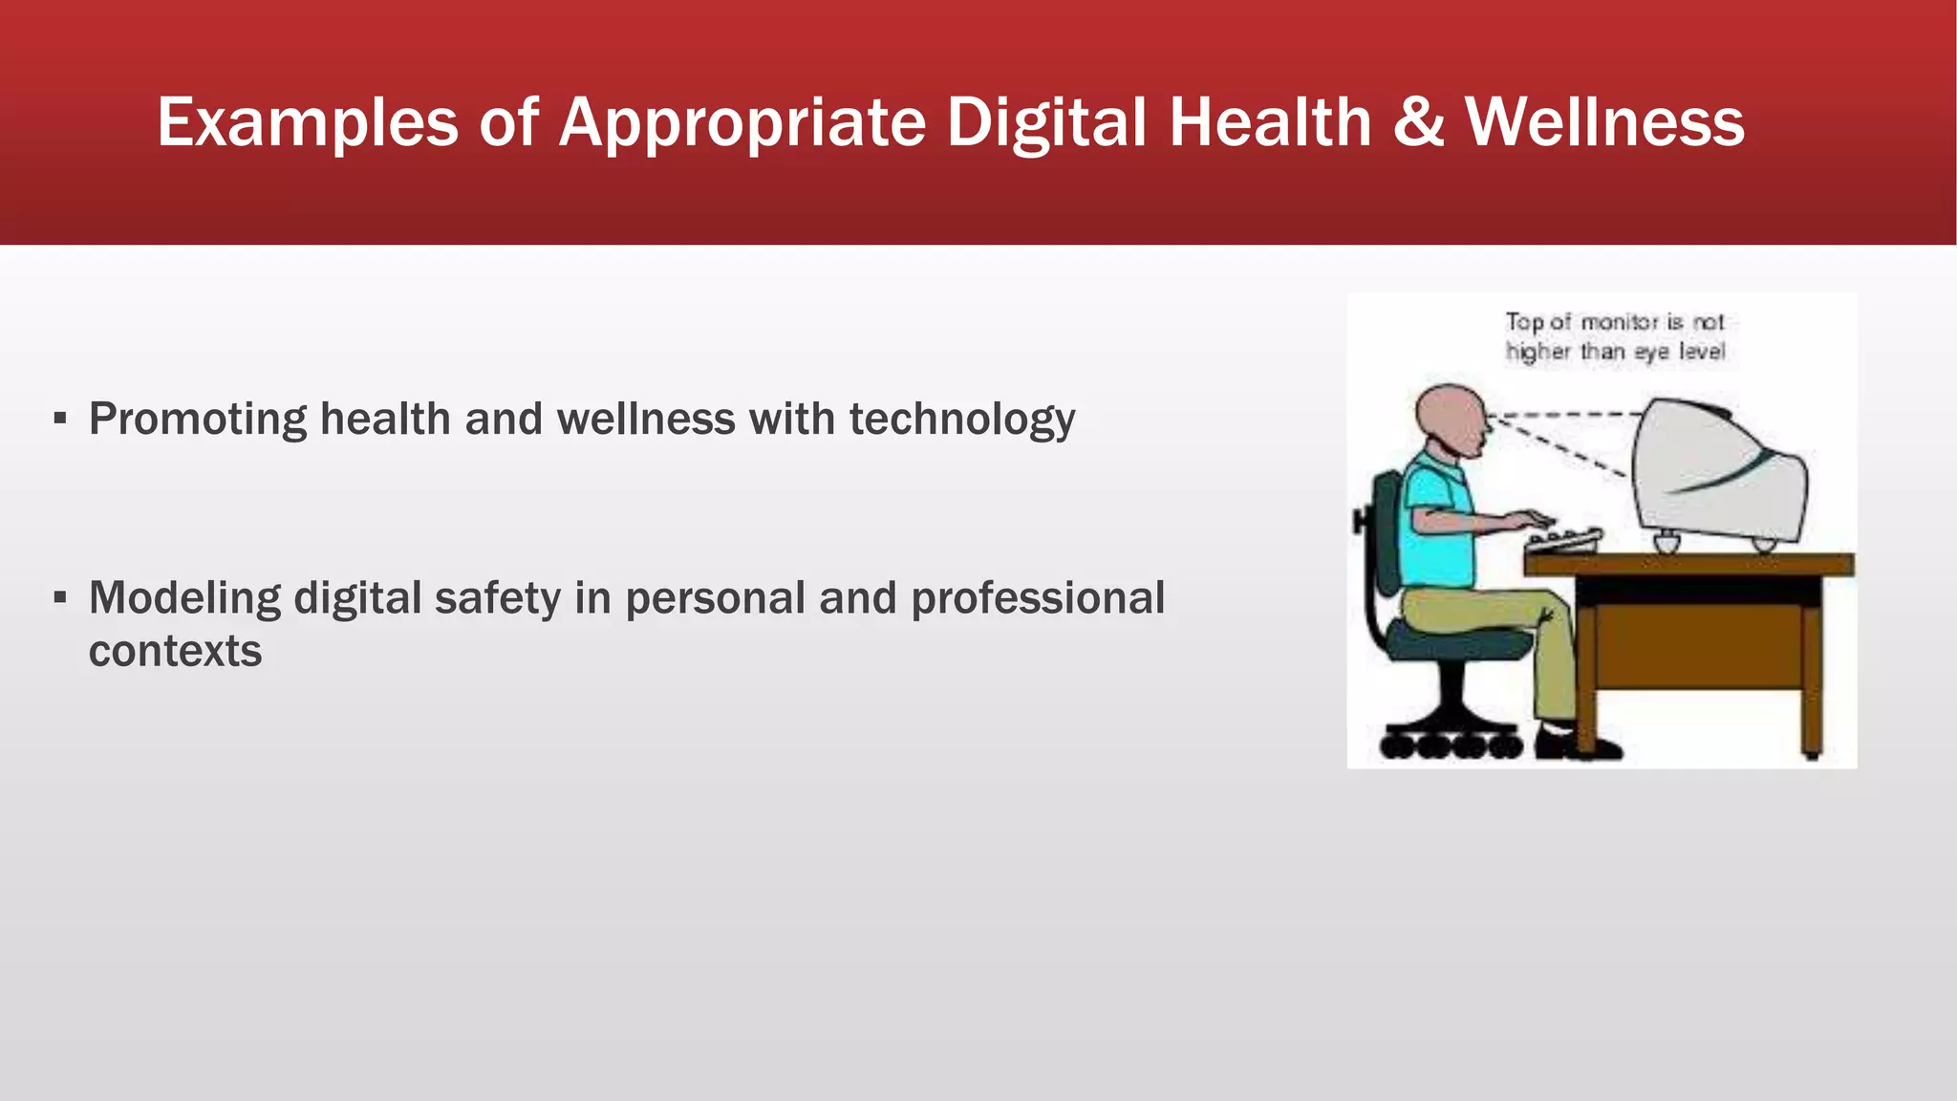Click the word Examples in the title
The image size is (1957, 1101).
pos(308,122)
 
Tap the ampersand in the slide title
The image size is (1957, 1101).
pos(1418,122)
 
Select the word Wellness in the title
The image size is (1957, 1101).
pos(1604,122)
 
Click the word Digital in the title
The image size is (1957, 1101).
pos(1046,122)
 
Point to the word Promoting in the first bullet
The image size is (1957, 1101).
pos(198,420)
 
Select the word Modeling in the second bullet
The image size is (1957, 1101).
pos(184,598)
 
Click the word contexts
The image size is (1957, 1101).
pos(175,652)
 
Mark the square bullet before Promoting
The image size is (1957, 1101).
pos(60,419)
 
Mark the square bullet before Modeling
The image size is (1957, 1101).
pos(60,598)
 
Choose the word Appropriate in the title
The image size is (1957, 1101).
pos(742,122)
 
